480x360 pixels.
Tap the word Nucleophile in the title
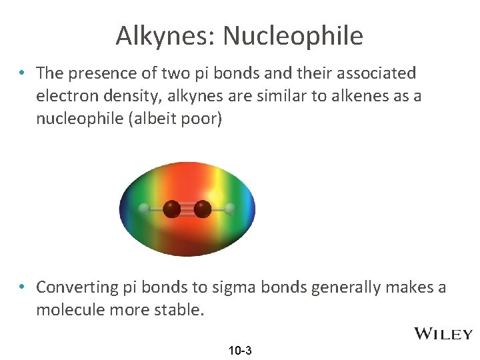click(293, 35)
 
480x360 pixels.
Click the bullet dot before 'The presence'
click(23, 72)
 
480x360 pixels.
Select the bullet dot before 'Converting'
click(23, 287)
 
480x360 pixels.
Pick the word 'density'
click(143, 95)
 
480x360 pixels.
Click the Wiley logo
click(443, 333)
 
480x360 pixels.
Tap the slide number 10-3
click(240, 350)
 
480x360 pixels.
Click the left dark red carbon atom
click(172, 209)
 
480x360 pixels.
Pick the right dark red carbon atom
click(203, 209)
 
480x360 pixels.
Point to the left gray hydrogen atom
click(143, 209)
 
